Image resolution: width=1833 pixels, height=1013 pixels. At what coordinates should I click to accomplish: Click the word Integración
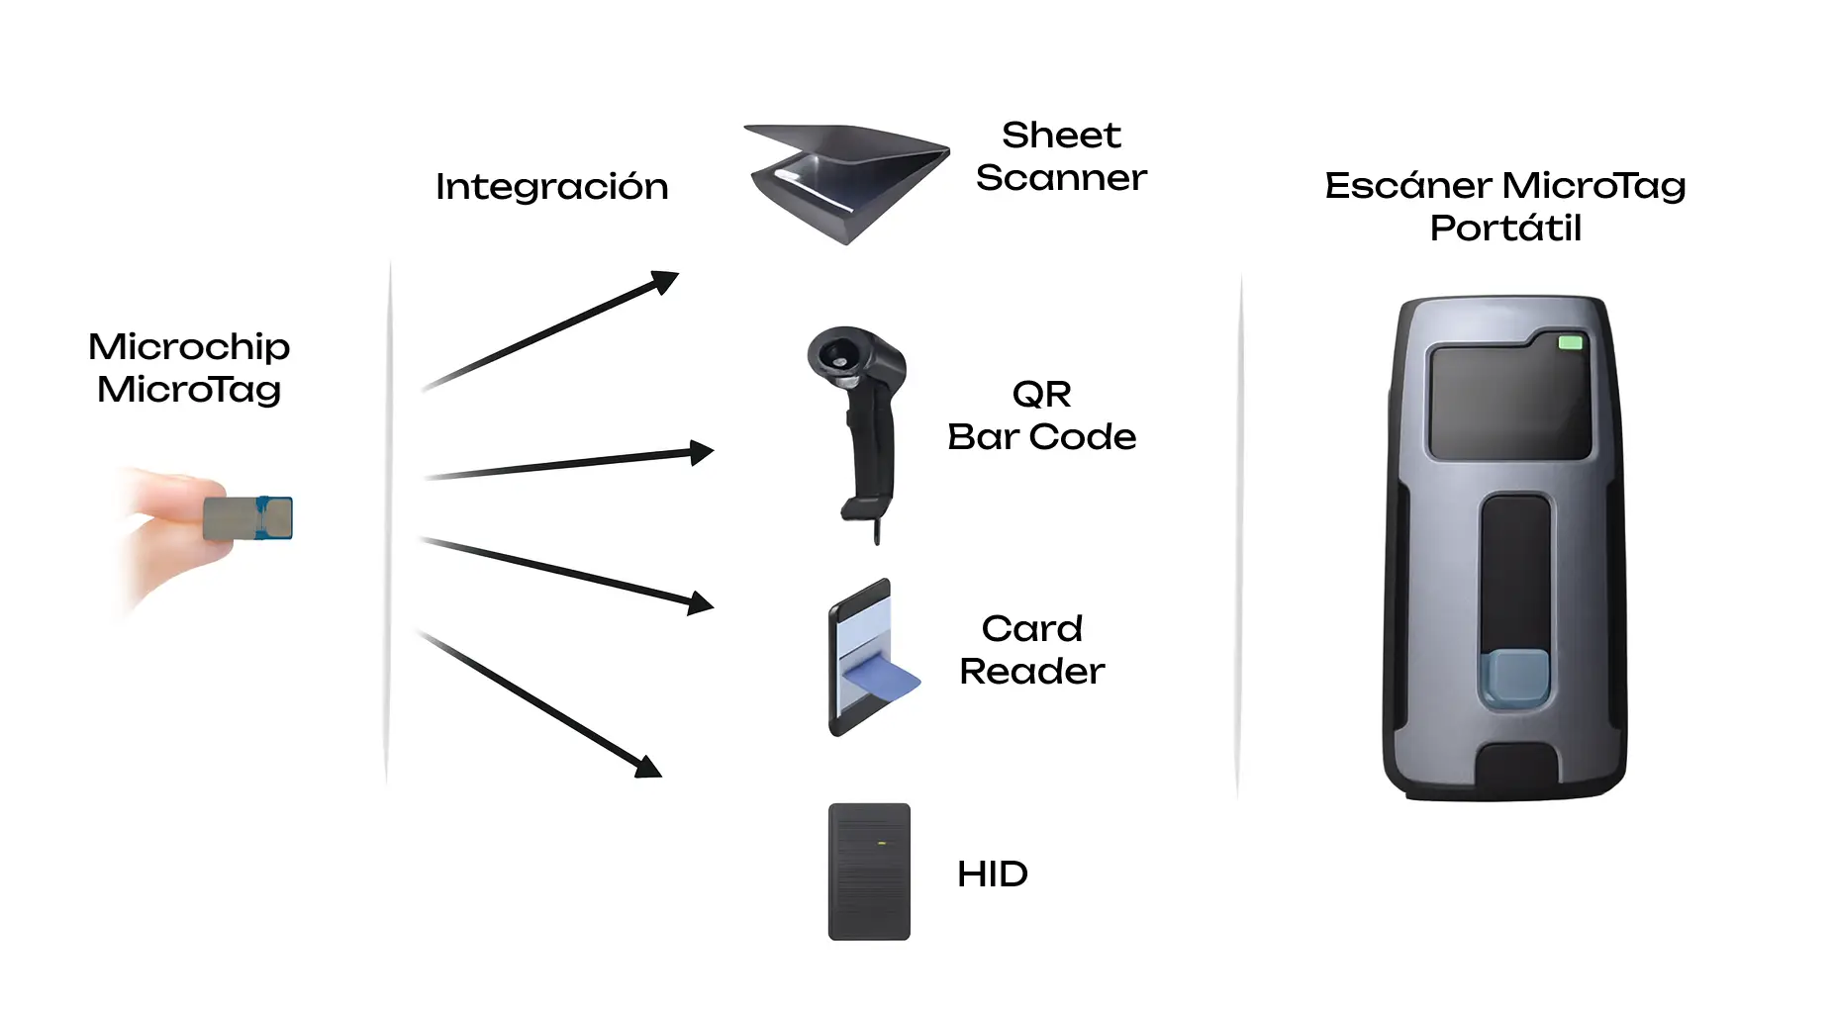tap(551, 187)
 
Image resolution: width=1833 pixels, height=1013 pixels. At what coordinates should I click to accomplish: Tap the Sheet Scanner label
tap(1061, 156)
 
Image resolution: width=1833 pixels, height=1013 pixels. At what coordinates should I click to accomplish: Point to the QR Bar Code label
tap(1041, 415)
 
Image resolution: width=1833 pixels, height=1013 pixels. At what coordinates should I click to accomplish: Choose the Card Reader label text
tap(1031, 650)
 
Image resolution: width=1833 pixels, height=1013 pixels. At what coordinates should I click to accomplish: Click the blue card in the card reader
tap(881, 680)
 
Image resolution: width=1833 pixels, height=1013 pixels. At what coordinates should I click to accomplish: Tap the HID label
tap(992, 875)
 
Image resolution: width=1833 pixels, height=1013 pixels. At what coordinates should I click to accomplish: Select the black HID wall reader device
tap(869, 872)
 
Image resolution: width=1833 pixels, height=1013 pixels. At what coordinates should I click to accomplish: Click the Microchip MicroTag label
tap(189, 368)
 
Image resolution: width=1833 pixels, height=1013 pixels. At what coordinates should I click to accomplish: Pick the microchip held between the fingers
tap(247, 518)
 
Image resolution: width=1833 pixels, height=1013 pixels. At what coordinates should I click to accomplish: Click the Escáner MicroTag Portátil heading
tap(1504, 206)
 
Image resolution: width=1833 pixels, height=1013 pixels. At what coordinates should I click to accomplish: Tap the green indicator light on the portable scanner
tap(1570, 343)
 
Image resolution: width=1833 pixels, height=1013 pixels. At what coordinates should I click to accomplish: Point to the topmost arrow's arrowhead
tap(666, 281)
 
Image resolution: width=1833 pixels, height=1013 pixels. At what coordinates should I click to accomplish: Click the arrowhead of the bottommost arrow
tap(649, 768)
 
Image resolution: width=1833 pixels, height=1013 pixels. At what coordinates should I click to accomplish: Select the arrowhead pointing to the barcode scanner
tap(702, 452)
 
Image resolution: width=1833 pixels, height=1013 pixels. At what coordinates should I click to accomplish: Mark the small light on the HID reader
tap(880, 844)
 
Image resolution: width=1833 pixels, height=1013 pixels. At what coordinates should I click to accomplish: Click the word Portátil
tap(1505, 229)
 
